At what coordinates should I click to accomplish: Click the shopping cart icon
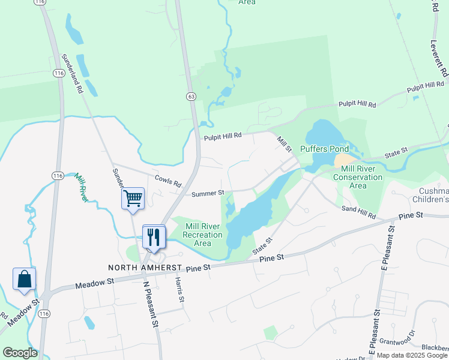[133, 197]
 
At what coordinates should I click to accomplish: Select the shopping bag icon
[24, 278]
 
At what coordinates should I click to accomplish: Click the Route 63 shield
[191, 95]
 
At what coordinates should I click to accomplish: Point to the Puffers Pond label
[324, 148]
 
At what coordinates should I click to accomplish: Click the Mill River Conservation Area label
[358, 177]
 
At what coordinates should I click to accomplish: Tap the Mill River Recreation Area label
[203, 235]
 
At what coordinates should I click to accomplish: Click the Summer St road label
[208, 193]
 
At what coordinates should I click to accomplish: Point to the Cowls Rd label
[167, 181]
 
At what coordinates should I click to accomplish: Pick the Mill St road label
[283, 143]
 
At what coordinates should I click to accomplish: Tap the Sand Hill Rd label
[358, 211]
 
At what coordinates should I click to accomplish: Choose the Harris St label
[178, 289]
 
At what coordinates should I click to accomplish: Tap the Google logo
[20, 353]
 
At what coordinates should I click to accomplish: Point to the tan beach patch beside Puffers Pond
[344, 161]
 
